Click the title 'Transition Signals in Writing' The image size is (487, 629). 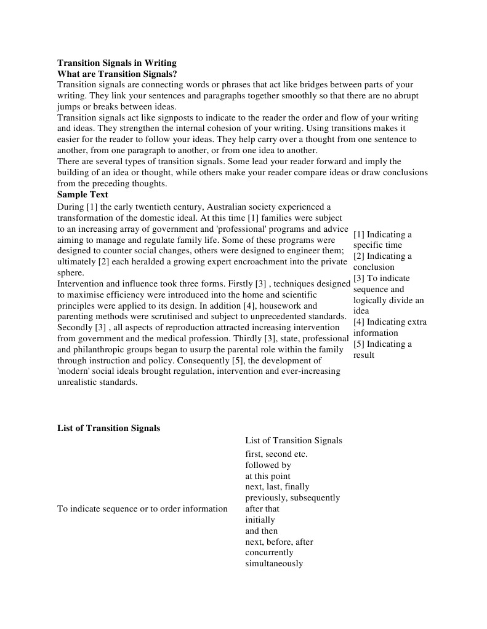[x=117, y=63]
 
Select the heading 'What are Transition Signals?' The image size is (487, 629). [x=117, y=74]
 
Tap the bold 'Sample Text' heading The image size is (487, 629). [x=83, y=194]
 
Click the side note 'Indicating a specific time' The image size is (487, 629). [x=382, y=240]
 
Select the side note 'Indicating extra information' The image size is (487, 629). [x=389, y=327]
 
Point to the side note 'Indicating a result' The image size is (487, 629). [x=382, y=349]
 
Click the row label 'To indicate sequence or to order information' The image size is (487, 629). [x=142, y=509]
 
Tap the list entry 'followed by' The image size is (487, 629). [x=268, y=465]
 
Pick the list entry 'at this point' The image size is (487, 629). [x=268, y=477]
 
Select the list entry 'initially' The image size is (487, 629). [x=260, y=520]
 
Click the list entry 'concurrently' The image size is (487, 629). [x=269, y=553]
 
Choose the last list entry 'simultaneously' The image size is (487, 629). [x=274, y=564]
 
